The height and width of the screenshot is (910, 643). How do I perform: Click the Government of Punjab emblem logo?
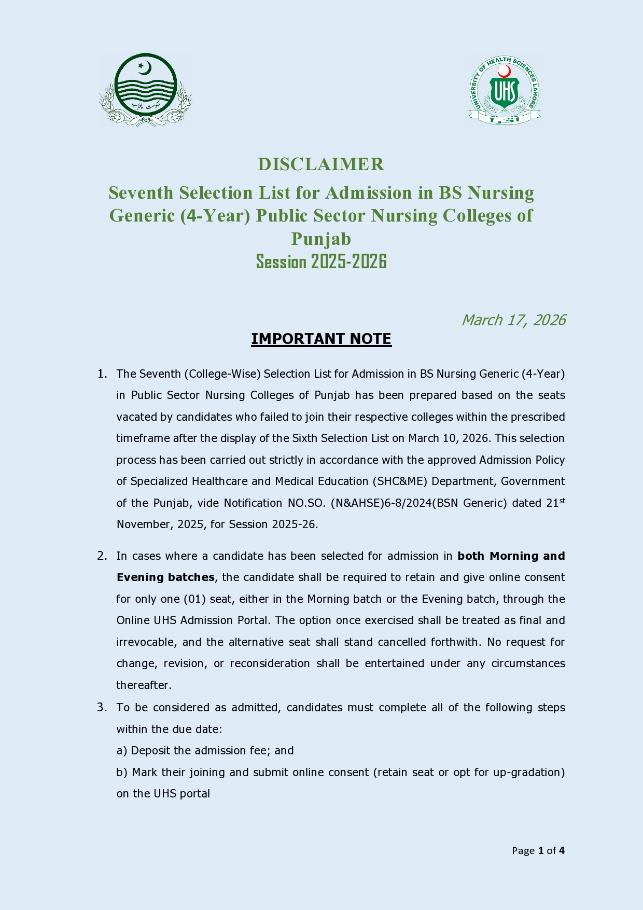pyautogui.click(x=146, y=89)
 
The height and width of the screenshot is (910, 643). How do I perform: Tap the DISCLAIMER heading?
pyautogui.click(x=321, y=164)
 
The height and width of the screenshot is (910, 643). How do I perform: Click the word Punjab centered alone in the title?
pyautogui.click(x=321, y=239)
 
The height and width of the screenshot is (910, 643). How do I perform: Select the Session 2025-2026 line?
pyautogui.click(x=321, y=261)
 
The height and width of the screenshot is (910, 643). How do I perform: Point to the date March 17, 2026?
pyautogui.click(x=513, y=320)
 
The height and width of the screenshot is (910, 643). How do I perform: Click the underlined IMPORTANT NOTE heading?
pyautogui.click(x=321, y=339)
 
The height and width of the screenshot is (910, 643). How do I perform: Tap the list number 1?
pyautogui.click(x=102, y=374)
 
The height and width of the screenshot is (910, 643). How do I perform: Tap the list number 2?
pyautogui.click(x=102, y=556)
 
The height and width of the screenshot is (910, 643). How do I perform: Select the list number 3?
pyautogui.click(x=102, y=707)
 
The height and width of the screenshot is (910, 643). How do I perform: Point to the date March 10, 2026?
pyautogui.click(x=448, y=438)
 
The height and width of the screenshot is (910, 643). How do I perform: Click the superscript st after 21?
pyautogui.click(x=562, y=500)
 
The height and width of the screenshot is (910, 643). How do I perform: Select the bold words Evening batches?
pyautogui.click(x=165, y=577)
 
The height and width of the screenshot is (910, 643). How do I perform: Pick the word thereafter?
pyautogui.click(x=143, y=685)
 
